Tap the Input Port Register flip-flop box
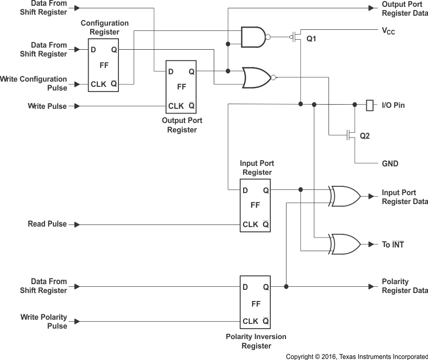255,206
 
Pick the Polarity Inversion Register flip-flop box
255,303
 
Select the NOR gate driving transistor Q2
257,77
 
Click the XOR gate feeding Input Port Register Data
345,196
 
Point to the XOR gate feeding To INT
345,244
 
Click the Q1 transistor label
312,39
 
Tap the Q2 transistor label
365,136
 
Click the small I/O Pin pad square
369,105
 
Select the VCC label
388,31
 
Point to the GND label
390,164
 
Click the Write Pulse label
47,106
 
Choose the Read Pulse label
47,224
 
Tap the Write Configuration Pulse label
34,84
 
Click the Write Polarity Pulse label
44,321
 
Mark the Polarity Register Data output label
404,286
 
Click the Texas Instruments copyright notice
356,356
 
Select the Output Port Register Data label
404,9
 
